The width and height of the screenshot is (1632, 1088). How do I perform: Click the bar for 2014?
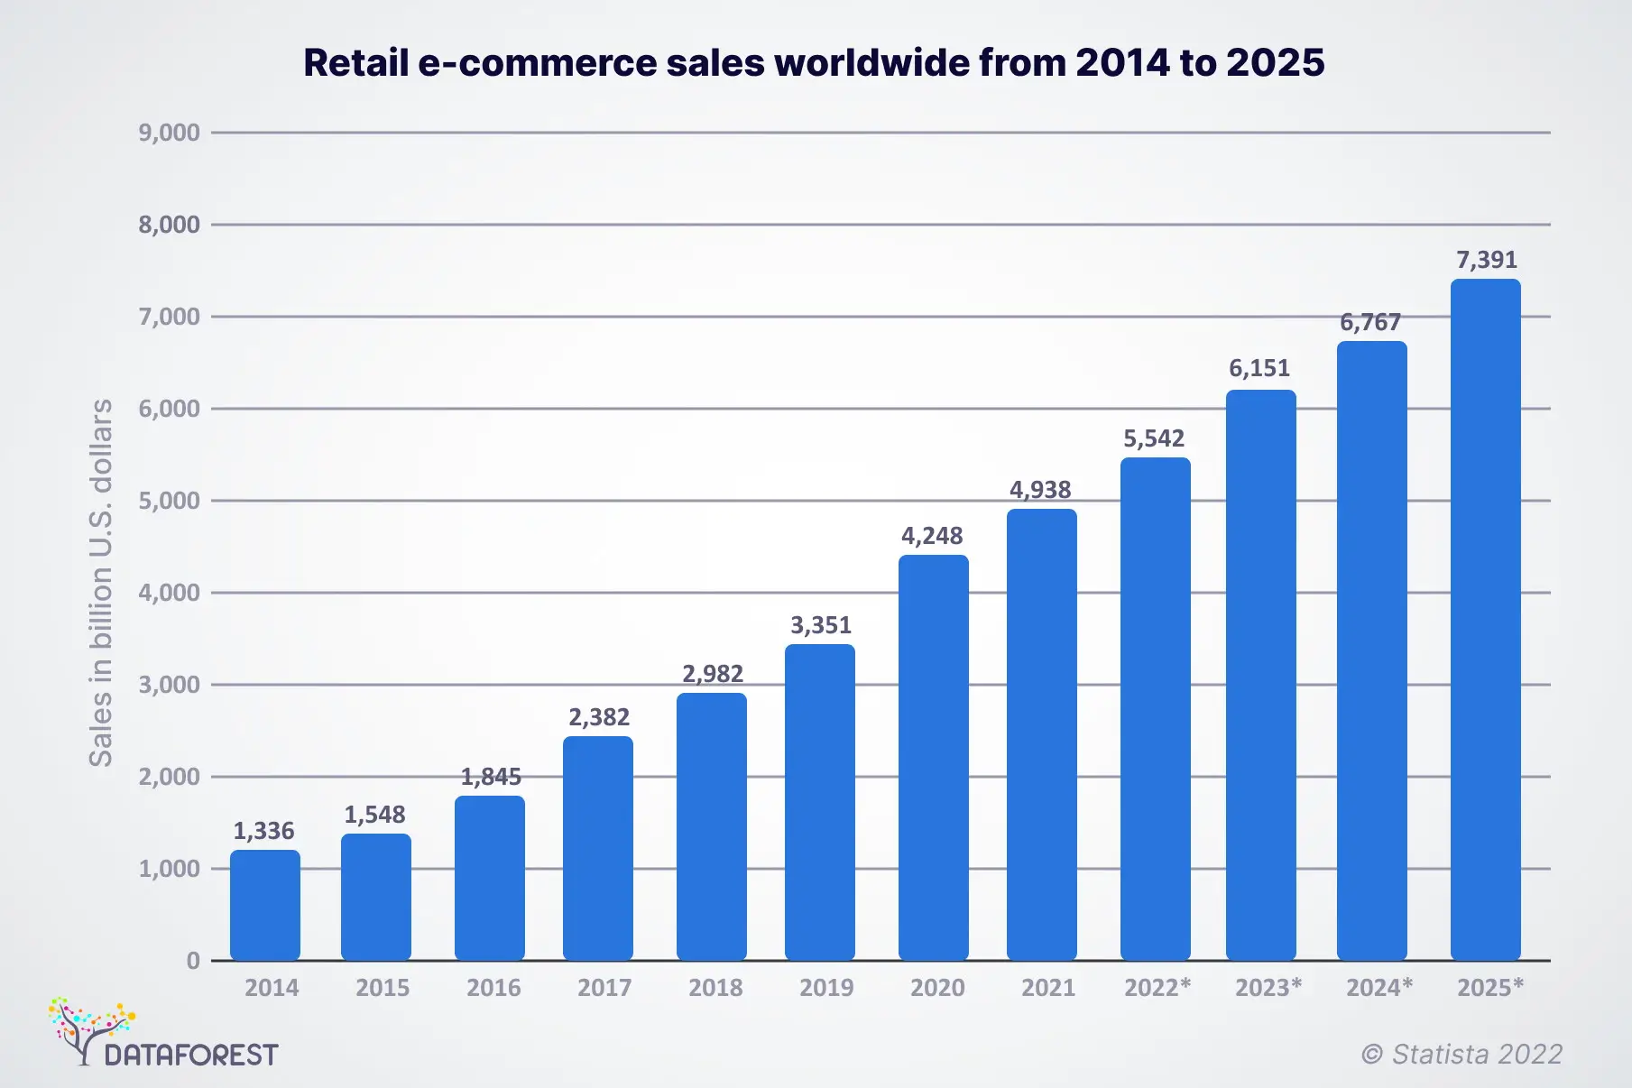[264, 905]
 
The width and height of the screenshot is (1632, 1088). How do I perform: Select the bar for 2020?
[933, 758]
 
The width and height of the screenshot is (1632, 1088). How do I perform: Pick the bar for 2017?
[597, 848]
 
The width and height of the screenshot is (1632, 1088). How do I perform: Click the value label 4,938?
[1040, 490]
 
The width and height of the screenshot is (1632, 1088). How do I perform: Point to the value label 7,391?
[1487, 260]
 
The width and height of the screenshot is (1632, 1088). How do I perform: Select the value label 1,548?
[374, 815]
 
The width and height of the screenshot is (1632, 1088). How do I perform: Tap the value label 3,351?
[821, 625]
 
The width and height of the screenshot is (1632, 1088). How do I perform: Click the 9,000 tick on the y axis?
[169, 133]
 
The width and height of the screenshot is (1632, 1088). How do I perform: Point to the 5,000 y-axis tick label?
[169, 501]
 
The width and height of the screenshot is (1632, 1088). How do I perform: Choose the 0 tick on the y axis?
[193, 961]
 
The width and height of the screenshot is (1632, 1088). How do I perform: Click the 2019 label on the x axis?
[826, 988]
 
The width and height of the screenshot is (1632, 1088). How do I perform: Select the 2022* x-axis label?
[1157, 988]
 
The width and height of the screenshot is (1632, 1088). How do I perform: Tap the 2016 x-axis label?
[493, 988]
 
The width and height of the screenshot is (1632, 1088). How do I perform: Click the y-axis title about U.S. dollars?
[101, 582]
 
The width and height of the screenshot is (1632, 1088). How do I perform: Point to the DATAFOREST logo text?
[191, 1055]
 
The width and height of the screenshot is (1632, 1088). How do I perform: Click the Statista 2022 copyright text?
[1461, 1054]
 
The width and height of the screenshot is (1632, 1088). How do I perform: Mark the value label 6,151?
[1259, 368]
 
